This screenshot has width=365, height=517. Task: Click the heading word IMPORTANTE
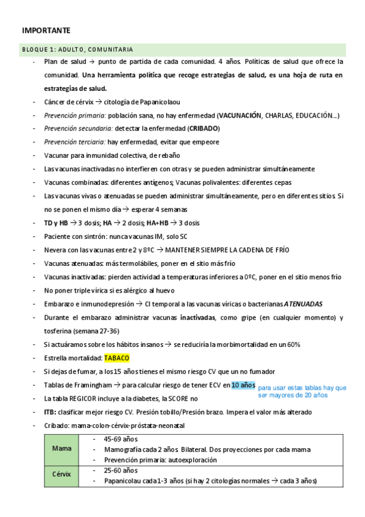pyautogui.click(x=46, y=30)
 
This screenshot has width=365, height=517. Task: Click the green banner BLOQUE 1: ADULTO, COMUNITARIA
pyautogui.click(x=77, y=49)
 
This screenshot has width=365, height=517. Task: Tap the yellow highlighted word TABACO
pyautogui.click(x=116, y=358)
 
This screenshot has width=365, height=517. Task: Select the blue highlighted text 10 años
pyautogui.click(x=243, y=385)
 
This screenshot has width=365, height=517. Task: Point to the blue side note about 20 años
pyautogui.click(x=302, y=391)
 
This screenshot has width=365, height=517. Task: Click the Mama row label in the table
pyautogui.click(x=62, y=449)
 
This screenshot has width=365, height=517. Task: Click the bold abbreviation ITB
pyautogui.click(x=51, y=412)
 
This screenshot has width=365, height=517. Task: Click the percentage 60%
pyautogui.click(x=292, y=344)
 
